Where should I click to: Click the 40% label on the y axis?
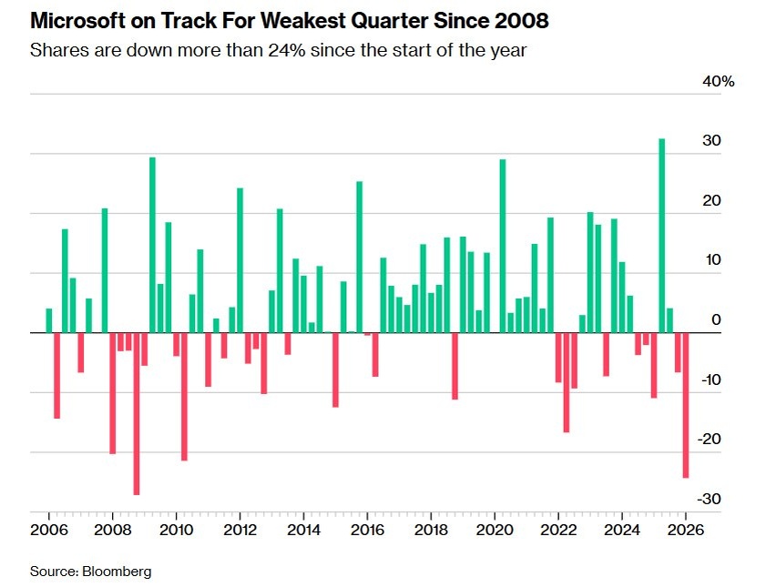coord(718,82)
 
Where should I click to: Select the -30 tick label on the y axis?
coord(711,499)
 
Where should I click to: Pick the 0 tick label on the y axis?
coord(717,319)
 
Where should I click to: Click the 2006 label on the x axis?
coord(47,529)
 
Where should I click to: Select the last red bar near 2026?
coord(686,405)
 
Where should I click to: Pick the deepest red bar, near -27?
coord(137,413)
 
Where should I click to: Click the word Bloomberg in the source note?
coord(117,572)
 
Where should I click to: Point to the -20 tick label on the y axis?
coord(711,440)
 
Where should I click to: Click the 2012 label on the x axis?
coord(239,529)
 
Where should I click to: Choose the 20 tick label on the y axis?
coord(713,201)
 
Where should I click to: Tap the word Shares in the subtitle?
coord(56,50)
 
